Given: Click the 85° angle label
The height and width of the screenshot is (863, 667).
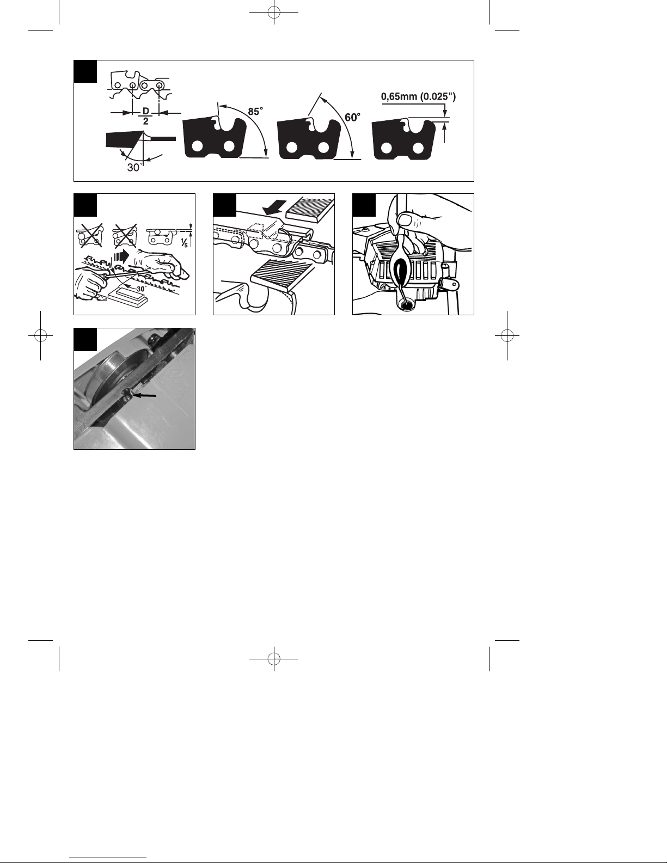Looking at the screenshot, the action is pos(255,112).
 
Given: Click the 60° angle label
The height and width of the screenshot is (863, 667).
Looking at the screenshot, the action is pos(353,117).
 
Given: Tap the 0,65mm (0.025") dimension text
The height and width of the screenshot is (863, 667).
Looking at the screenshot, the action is pos(418,96).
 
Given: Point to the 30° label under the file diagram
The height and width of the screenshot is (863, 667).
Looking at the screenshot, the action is pos(134,168).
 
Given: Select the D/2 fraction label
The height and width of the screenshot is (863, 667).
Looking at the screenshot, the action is pos(146,116).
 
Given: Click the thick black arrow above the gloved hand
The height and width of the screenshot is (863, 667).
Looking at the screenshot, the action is pos(121,256).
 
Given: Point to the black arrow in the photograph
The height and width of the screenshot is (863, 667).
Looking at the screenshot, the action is pos(144,395).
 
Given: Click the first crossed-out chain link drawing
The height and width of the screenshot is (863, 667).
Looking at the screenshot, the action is pos(90,235).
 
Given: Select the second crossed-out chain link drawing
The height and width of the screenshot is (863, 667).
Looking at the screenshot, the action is pos(125,235).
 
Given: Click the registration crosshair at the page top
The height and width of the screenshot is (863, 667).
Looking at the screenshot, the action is pos(274,13).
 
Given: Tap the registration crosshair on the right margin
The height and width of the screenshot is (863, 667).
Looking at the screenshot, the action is pos(507,336).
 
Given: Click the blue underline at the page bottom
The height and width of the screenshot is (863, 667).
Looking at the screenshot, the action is pos(108,858).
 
